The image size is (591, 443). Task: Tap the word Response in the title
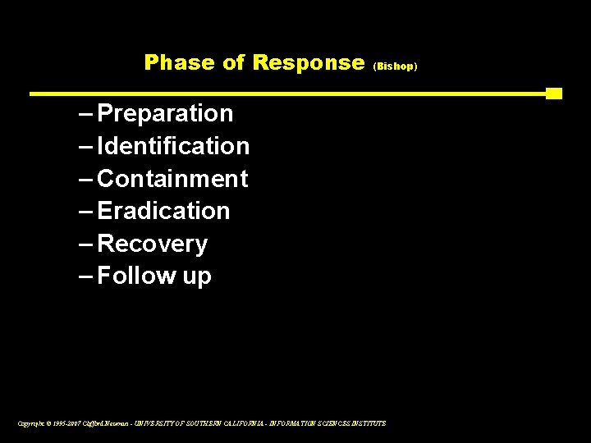(309, 62)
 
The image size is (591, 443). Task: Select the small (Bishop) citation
(396, 64)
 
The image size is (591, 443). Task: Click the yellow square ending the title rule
(554, 94)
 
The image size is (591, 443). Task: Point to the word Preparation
(165, 113)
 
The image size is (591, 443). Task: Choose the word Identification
(173, 146)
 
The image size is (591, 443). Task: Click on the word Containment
(172, 179)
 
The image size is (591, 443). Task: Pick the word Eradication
(163, 212)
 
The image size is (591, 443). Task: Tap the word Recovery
(152, 244)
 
